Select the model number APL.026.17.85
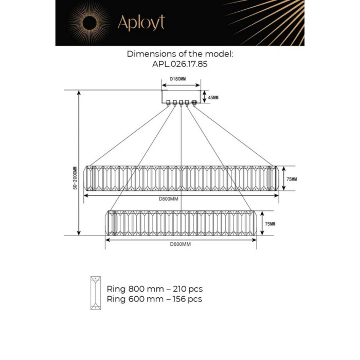(179, 65)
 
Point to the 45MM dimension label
(212, 97)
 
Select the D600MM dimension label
(180, 244)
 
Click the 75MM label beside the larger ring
(292, 179)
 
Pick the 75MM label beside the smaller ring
(269, 224)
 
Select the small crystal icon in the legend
(96, 293)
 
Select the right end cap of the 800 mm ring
(273, 178)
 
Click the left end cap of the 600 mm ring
(110, 224)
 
